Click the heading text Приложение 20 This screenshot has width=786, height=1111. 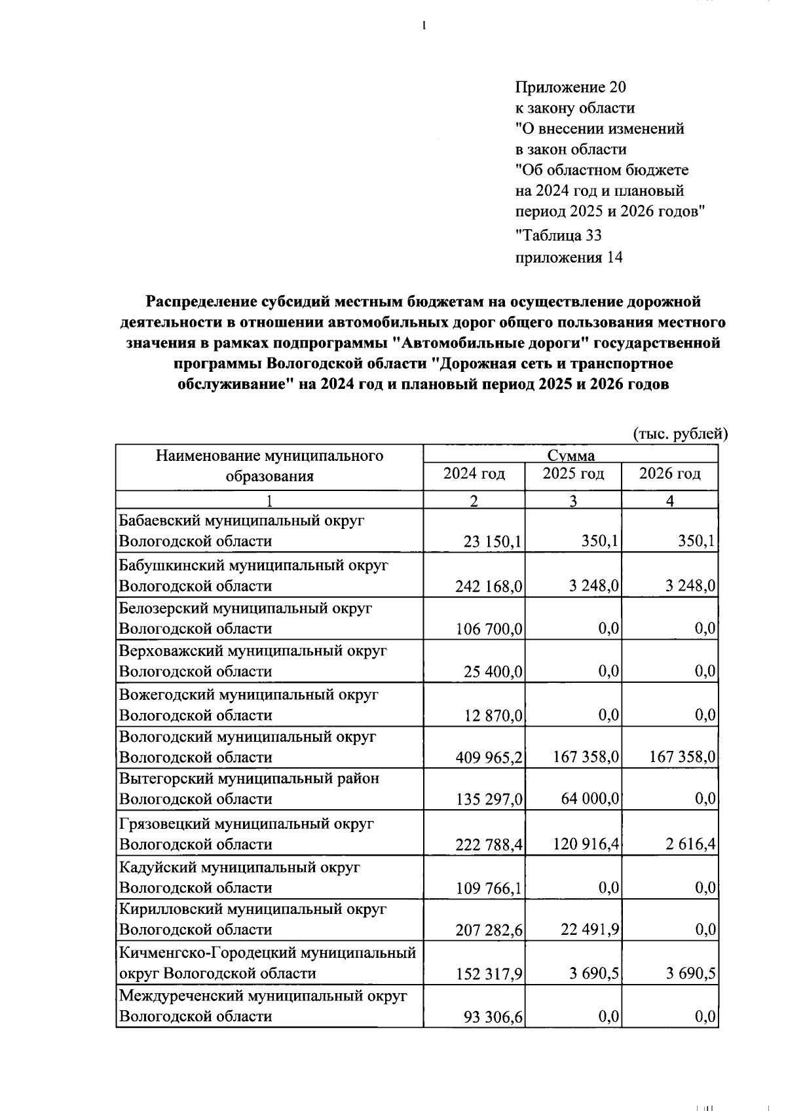(571, 87)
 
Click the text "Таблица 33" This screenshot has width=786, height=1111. (559, 235)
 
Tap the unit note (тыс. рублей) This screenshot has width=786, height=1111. (680, 433)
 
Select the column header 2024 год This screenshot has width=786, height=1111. (474, 473)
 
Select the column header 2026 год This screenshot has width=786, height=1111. (669, 473)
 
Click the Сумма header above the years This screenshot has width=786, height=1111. (571, 455)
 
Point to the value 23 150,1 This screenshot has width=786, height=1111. (492, 542)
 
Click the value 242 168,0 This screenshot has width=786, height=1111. (488, 586)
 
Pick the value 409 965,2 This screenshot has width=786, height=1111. (488, 758)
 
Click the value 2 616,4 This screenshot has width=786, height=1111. (691, 845)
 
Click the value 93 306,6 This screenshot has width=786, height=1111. (492, 1017)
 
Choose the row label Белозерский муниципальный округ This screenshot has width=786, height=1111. (245, 608)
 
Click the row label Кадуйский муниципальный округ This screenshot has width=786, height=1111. (239, 867)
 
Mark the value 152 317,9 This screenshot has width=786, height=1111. (488, 974)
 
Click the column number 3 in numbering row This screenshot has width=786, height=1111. (572, 501)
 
